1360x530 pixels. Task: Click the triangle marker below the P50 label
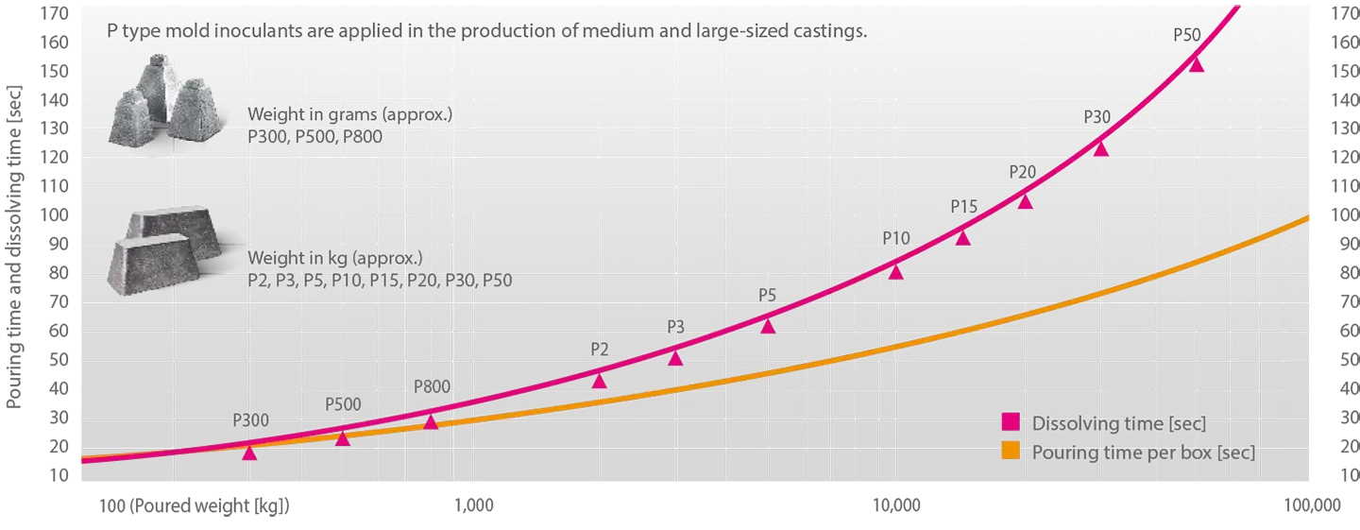pyautogui.click(x=1197, y=64)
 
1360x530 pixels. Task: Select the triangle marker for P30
pyautogui.click(x=1100, y=148)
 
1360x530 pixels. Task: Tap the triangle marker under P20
pyautogui.click(x=1025, y=201)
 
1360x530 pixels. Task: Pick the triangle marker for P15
pyautogui.click(x=962, y=238)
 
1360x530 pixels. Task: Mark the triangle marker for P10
pyautogui.click(x=895, y=272)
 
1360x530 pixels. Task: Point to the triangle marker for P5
pyautogui.click(x=768, y=327)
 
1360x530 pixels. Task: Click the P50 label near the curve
pyautogui.click(x=1187, y=35)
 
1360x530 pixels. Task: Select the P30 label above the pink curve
pyautogui.click(x=1097, y=118)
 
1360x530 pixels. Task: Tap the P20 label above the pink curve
pyautogui.click(x=1023, y=172)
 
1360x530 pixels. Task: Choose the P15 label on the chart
pyautogui.click(x=964, y=206)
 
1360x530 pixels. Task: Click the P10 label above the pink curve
pyautogui.click(x=896, y=238)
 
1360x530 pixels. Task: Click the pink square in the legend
pyautogui.click(x=1011, y=421)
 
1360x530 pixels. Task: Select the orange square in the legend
pyautogui.click(x=1011, y=450)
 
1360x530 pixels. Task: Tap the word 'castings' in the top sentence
pyautogui.click(x=833, y=31)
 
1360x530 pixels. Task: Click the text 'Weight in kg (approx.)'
pyautogui.click(x=334, y=258)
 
